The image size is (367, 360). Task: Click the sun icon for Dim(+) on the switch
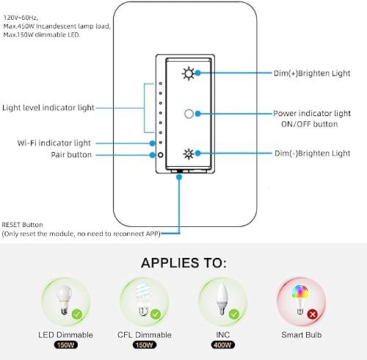190,73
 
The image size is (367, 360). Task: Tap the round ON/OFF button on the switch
189,114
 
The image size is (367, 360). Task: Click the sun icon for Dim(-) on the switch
190,154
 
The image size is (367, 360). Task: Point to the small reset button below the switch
179,174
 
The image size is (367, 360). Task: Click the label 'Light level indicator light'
48,107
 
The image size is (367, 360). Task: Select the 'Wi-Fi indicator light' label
57,142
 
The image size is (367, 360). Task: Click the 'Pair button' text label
71,155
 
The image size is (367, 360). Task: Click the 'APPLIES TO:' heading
183,262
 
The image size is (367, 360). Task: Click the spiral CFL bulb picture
142,301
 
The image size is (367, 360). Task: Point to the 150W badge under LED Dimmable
66,345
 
